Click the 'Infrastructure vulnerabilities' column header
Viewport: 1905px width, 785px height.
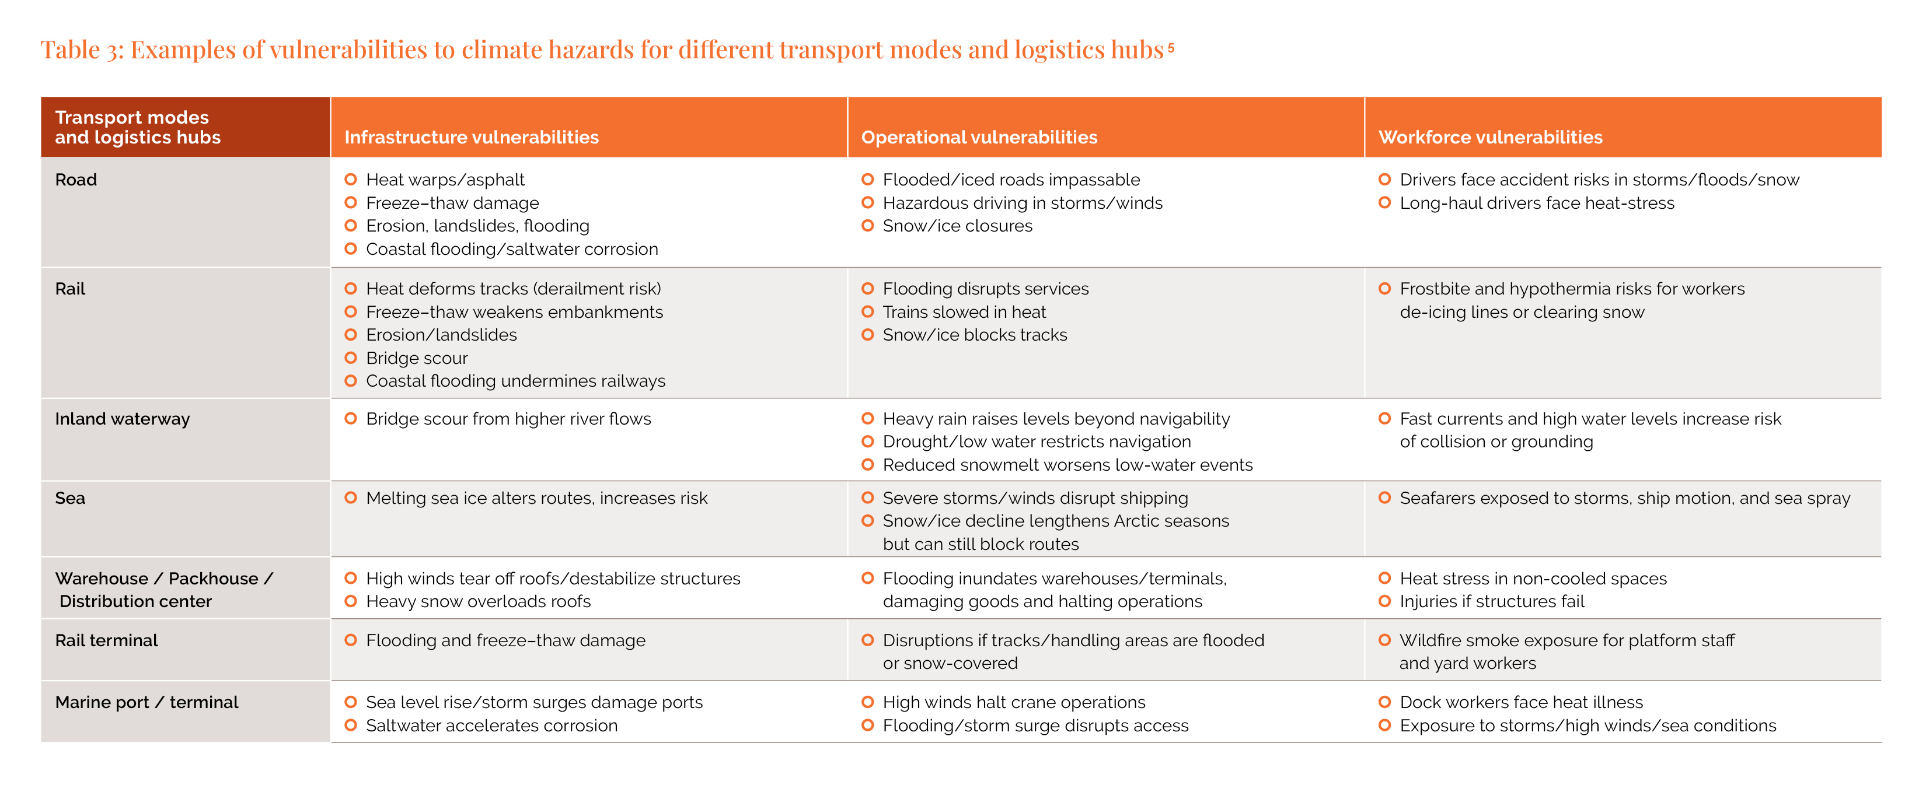click(471, 138)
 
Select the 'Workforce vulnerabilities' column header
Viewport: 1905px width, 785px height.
click(1489, 138)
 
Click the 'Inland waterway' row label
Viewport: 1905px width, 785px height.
click(122, 419)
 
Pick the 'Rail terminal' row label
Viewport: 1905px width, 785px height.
click(106, 641)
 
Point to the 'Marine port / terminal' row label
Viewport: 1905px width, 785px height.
click(146, 702)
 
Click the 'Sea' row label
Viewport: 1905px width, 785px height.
click(70, 498)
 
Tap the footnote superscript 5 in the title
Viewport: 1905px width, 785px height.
click(1171, 47)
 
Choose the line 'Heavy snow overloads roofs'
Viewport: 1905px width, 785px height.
click(478, 602)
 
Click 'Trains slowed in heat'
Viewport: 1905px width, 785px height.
click(964, 312)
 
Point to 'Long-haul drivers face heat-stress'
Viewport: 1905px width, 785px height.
click(1536, 204)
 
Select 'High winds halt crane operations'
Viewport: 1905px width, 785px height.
click(1013, 702)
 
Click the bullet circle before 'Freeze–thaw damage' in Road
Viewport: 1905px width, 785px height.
click(351, 202)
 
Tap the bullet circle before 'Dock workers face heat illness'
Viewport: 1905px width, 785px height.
click(1384, 702)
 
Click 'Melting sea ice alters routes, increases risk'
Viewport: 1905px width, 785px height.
click(536, 498)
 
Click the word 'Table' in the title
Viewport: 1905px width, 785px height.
click(70, 50)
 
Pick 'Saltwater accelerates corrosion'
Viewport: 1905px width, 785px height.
click(491, 726)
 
